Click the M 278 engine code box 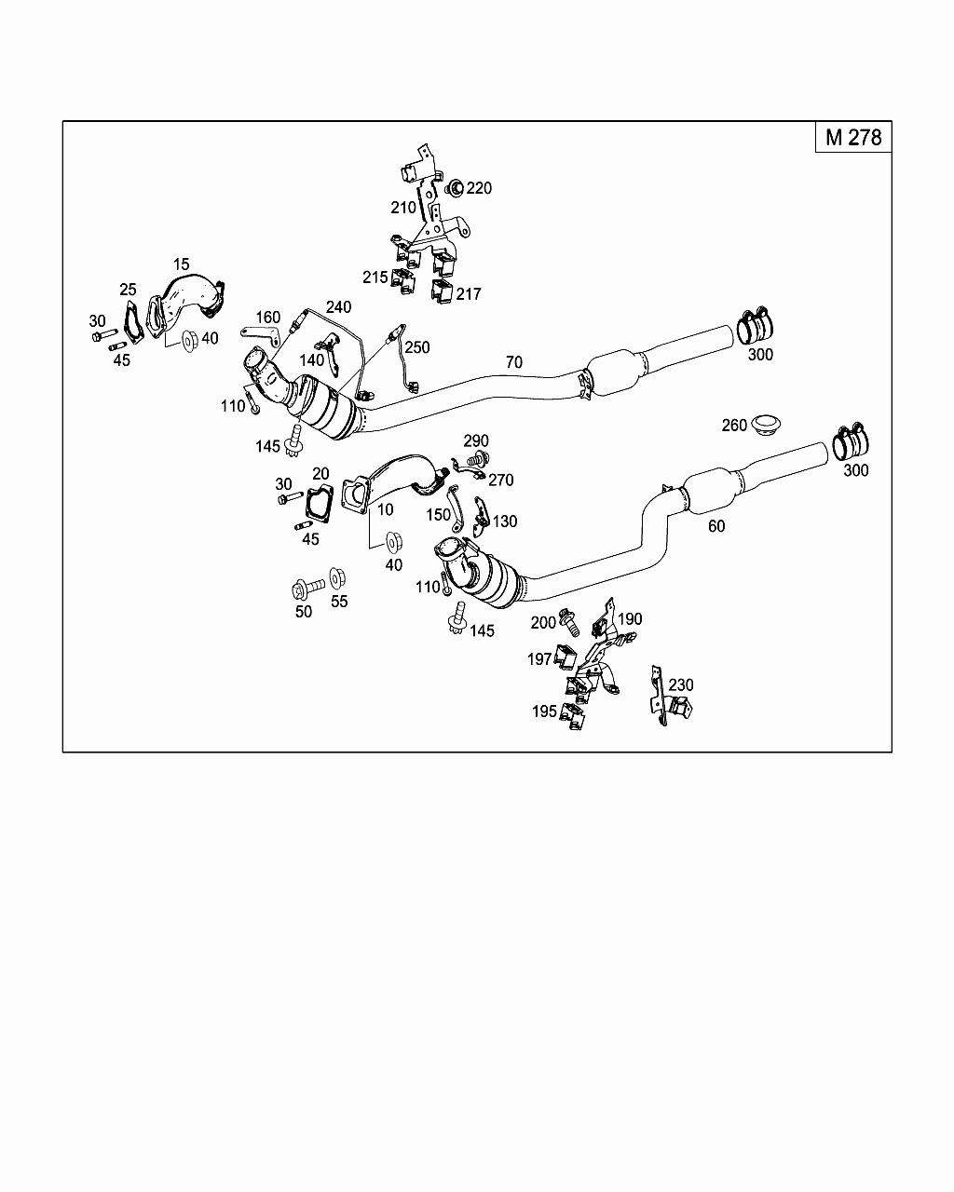tap(852, 137)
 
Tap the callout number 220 tap(479, 188)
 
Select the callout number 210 tap(403, 207)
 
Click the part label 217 tap(469, 294)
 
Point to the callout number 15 tap(181, 265)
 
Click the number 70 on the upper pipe tap(514, 361)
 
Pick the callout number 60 tap(715, 526)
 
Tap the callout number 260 tap(734, 426)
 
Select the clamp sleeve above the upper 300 tap(757, 327)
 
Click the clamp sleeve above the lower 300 tap(852, 442)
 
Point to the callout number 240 tap(338, 307)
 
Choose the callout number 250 tap(417, 347)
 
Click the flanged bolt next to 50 tap(307, 588)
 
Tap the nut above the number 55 tap(338, 578)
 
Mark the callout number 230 tap(681, 685)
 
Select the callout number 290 tap(476, 440)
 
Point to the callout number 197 tap(539, 659)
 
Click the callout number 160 tap(268, 318)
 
